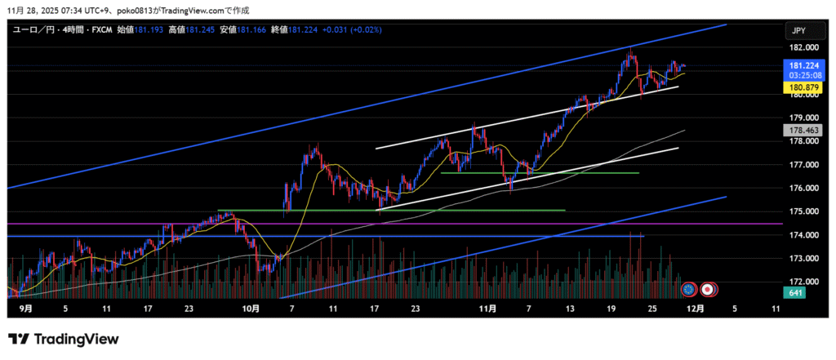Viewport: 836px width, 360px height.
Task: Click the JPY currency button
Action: tap(798, 30)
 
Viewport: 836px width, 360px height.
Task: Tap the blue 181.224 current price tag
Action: tap(798, 66)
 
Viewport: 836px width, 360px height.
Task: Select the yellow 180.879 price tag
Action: tap(798, 87)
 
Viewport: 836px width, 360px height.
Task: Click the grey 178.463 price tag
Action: tap(798, 130)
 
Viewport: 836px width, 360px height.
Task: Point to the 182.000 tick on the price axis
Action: tap(798, 48)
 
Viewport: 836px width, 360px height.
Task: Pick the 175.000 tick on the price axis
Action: tap(798, 212)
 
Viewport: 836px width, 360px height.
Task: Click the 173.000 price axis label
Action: tap(798, 259)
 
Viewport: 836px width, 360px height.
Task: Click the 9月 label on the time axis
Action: tap(25, 309)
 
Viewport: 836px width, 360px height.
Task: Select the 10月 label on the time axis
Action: tap(251, 309)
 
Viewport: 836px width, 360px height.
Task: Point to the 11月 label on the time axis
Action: tap(487, 309)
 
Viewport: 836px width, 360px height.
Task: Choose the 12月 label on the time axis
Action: tap(695, 309)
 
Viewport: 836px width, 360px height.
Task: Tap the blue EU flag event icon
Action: tap(690, 288)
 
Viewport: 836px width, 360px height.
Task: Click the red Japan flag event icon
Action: tap(708, 288)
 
